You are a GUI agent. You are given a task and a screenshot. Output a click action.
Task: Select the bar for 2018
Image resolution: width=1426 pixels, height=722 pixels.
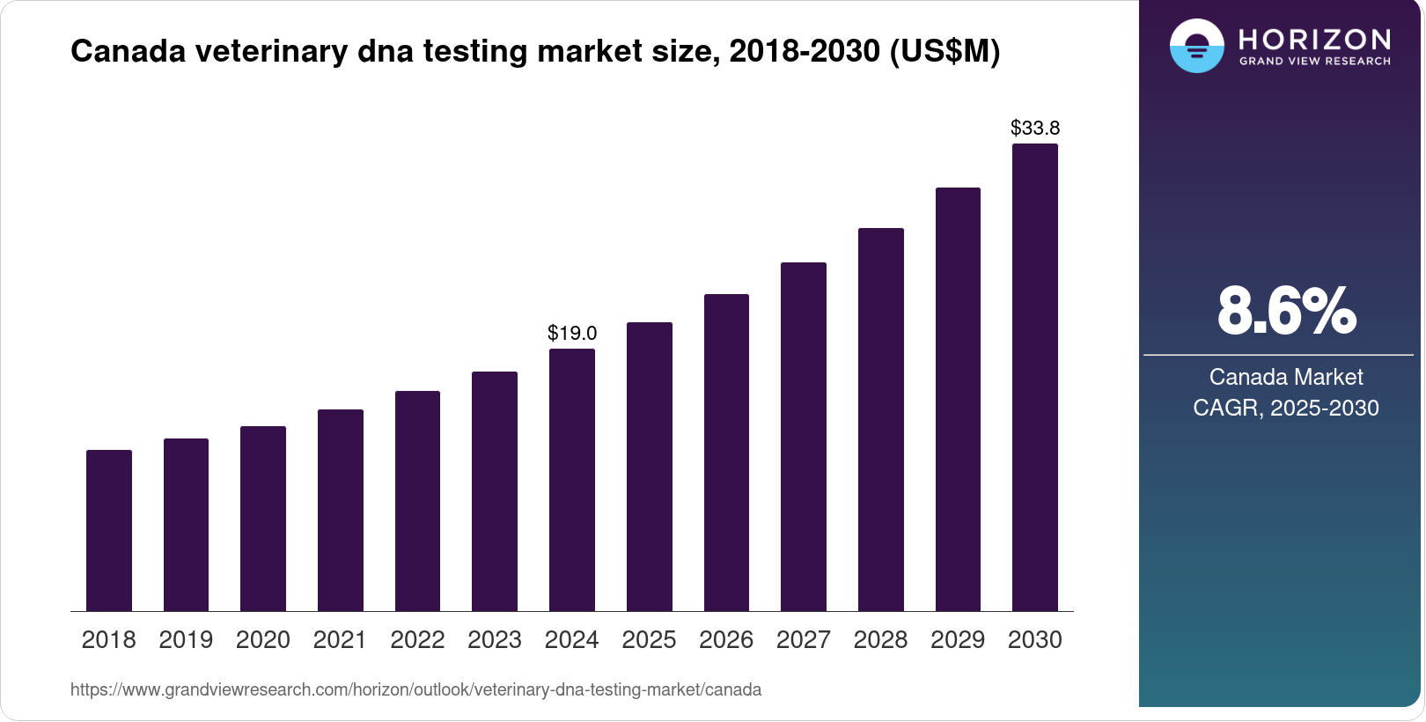(x=109, y=530)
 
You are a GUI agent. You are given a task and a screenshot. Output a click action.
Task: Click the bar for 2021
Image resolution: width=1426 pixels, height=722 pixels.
(x=341, y=510)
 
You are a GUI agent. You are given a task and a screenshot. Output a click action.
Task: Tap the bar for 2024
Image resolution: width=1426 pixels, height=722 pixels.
(x=572, y=480)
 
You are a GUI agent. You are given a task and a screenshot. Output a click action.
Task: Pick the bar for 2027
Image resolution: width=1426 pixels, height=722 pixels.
(x=804, y=437)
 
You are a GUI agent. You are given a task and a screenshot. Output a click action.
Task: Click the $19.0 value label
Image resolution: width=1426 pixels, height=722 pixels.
(x=572, y=333)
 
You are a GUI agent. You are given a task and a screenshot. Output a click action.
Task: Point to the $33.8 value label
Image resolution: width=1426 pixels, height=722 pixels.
(x=1035, y=128)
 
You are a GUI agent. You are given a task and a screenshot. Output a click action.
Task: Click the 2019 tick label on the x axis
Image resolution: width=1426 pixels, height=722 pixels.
(x=186, y=640)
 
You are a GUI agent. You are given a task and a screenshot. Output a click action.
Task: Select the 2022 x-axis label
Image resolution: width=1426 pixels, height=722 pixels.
(x=417, y=640)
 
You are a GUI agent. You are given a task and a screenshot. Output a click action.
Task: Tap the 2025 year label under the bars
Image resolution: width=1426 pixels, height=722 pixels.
(x=649, y=640)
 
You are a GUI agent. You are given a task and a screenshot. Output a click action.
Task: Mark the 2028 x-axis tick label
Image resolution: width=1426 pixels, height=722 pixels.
(x=880, y=640)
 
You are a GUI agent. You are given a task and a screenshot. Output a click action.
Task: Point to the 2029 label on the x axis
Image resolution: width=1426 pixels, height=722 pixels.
(x=958, y=640)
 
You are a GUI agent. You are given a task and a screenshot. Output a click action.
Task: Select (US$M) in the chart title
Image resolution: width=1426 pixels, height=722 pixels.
(x=945, y=51)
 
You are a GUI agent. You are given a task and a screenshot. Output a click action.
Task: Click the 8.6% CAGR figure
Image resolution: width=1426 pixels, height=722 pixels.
(x=1286, y=311)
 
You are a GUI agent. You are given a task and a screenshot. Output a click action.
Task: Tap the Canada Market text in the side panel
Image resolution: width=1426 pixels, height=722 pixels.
(x=1286, y=377)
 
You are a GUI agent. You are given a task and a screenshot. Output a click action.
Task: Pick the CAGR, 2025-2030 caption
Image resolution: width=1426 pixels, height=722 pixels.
(x=1286, y=408)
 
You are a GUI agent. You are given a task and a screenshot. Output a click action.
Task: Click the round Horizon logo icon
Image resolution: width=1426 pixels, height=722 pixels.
(x=1196, y=46)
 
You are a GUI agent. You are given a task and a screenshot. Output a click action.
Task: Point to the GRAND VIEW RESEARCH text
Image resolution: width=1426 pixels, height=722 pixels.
(x=1315, y=62)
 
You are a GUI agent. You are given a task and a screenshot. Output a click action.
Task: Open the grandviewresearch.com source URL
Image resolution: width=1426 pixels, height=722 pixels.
(x=415, y=689)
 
